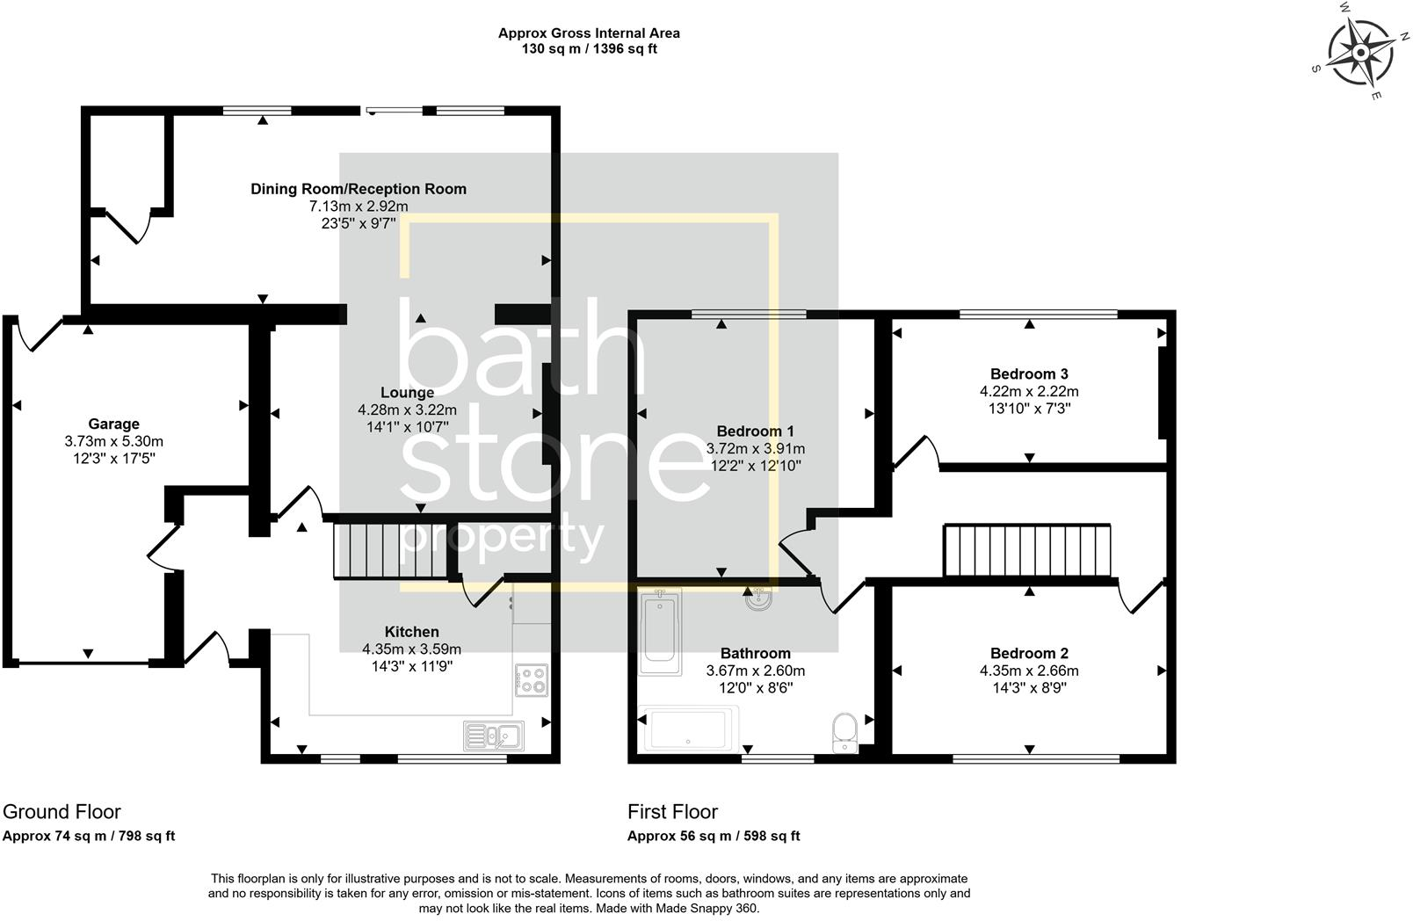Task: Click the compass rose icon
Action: pyautogui.click(x=1360, y=53)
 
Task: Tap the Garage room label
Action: pyautogui.click(x=113, y=424)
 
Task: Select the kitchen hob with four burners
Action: pyautogui.click(x=531, y=680)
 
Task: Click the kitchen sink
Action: pyautogui.click(x=494, y=736)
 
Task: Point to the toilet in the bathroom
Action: pyautogui.click(x=844, y=733)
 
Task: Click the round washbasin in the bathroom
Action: pyautogui.click(x=758, y=598)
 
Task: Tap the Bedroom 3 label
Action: pyautogui.click(x=1029, y=374)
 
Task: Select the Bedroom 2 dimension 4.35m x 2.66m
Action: pyautogui.click(x=1029, y=671)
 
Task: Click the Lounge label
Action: pyautogui.click(x=407, y=392)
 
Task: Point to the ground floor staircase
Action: pyautogui.click(x=390, y=550)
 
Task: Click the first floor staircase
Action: pyautogui.click(x=1027, y=550)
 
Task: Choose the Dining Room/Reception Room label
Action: pyautogui.click(x=359, y=189)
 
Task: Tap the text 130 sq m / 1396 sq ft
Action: pyautogui.click(x=589, y=48)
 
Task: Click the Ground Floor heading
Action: pyautogui.click(x=62, y=811)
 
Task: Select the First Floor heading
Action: pyautogui.click(x=672, y=811)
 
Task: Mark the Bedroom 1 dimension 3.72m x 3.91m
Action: pyautogui.click(x=755, y=448)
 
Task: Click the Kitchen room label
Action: pyautogui.click(x=411, y=632)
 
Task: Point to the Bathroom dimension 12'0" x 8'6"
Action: pyautogui.click(x=755, y=687)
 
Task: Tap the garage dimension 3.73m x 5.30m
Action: pyautogui.click(x=113, y=441)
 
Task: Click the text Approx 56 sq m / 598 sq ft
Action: pyautogui.click(x=714, y=836)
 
